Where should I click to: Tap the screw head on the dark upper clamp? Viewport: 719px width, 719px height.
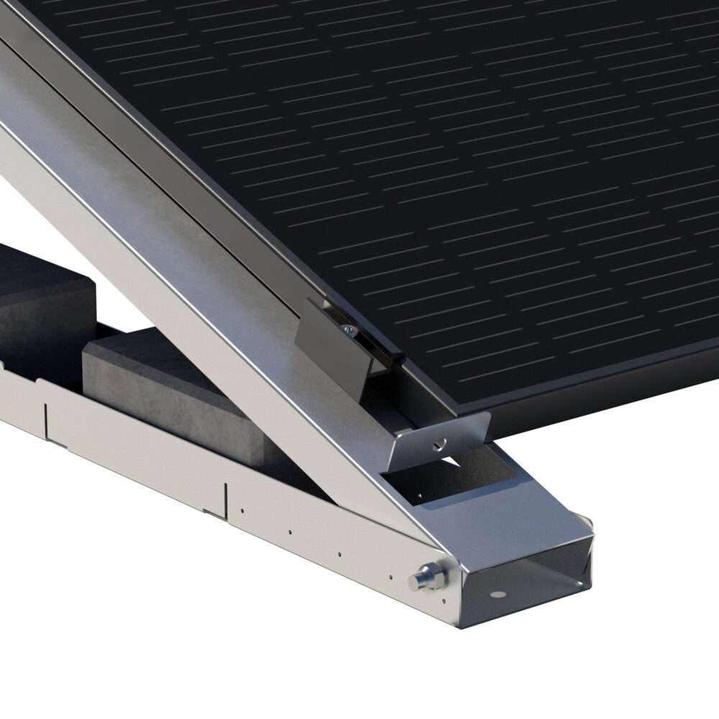[x=348, y=329]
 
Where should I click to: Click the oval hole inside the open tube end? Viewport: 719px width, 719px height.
[x=495, y=595]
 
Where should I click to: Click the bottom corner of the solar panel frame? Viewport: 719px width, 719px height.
[x=460, y=416]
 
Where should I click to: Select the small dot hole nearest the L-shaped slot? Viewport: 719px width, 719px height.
[x=242, y=511]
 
